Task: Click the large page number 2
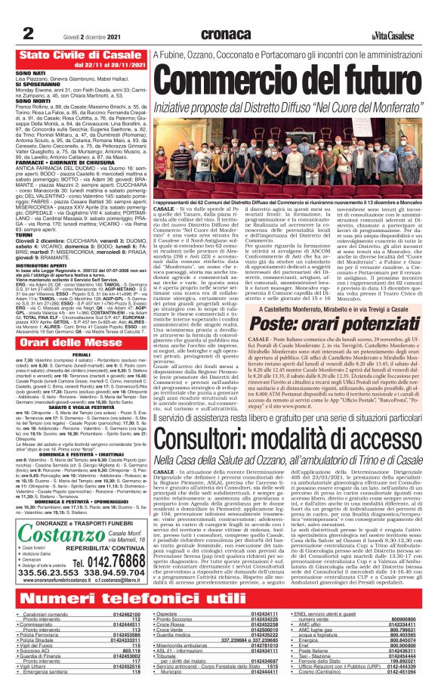click(28, 33)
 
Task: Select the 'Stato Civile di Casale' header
click(78, 56)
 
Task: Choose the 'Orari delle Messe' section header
click(72, 342)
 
